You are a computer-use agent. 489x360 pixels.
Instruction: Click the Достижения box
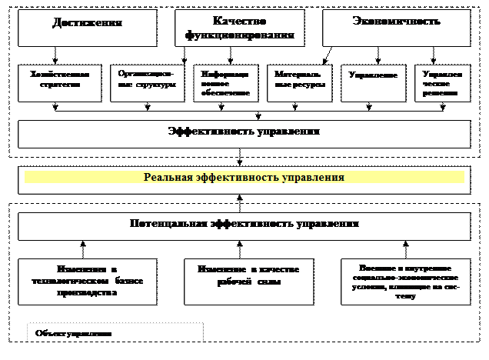87,28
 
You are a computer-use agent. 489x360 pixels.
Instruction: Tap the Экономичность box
396,28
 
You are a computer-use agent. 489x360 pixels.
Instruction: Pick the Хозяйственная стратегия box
59,83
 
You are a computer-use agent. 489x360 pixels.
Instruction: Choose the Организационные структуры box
147,83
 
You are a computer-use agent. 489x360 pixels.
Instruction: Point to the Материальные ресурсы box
301,83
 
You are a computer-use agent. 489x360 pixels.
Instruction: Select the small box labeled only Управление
373,83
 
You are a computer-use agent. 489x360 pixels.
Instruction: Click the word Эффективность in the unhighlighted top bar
206,132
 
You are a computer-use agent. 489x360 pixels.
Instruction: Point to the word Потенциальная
168,224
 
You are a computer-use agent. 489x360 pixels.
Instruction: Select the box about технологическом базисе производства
87,282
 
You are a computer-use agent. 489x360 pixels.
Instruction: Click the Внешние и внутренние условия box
404,282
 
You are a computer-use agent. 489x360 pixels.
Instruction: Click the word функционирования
240,36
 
